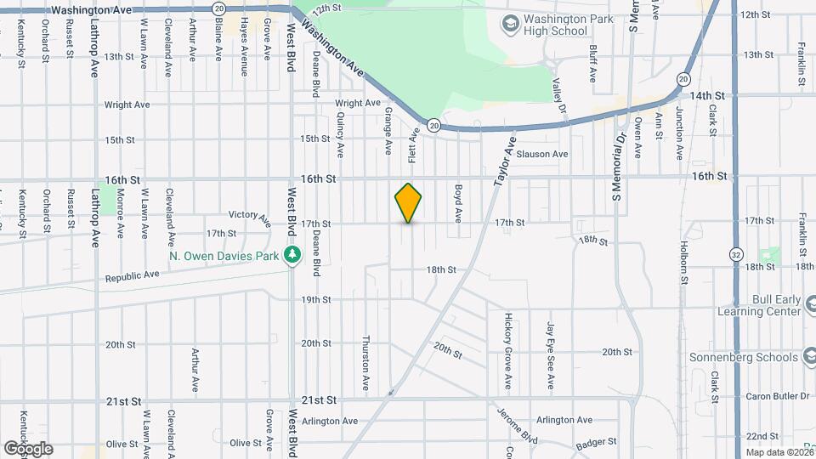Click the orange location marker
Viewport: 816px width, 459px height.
coord(409,202)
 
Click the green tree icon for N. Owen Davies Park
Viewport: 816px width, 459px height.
coord(292,254)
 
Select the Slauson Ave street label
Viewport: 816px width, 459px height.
coord(541,154)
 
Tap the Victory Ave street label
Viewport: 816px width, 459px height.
coord(249,215)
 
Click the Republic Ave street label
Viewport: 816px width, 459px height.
coord(133,276)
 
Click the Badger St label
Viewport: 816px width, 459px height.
coord(595,443)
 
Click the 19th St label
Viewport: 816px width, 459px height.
coord(315,299)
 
